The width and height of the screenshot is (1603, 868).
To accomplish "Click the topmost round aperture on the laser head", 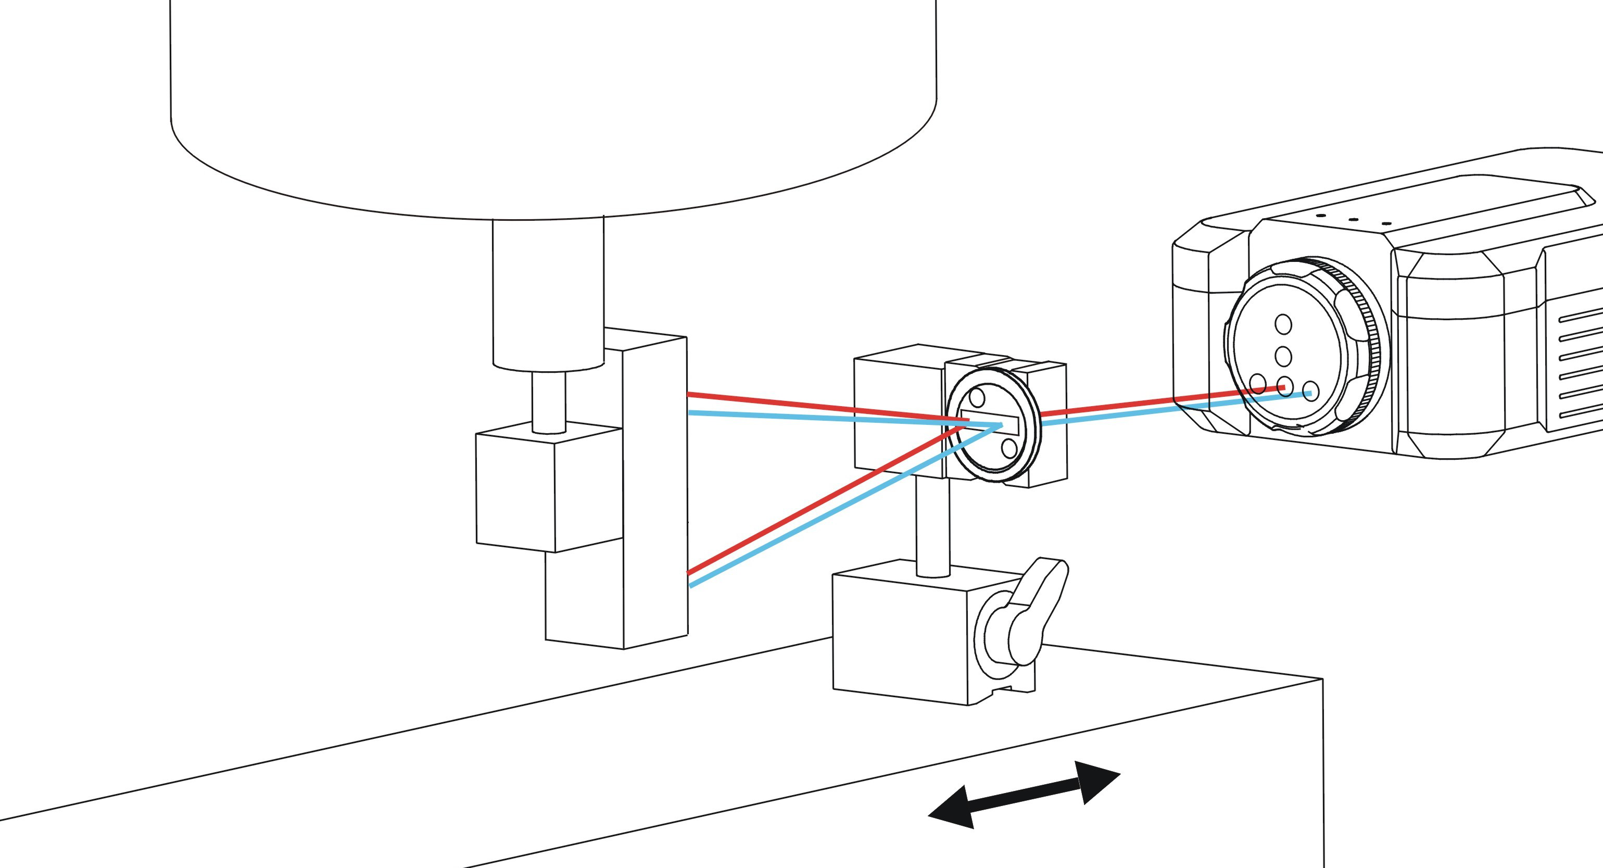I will pos(1283,324).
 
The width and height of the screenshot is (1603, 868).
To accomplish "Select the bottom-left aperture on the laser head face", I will pos(1258,382).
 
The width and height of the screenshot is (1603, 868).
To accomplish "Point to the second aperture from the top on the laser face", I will pos(1283,356).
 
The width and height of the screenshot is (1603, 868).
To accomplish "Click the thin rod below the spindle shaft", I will pos(549,401).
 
